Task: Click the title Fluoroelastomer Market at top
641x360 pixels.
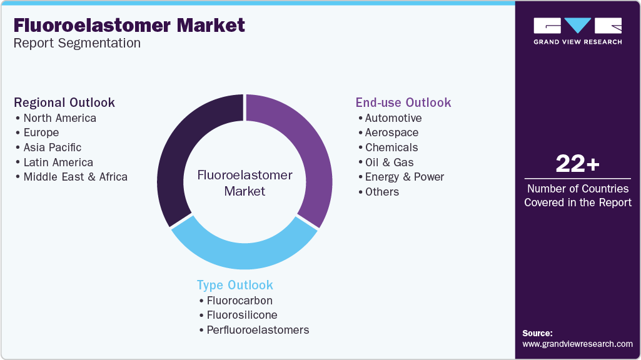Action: coord(129,26)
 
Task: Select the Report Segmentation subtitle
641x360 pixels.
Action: coord(77,43)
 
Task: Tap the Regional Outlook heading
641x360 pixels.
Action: coord(64,102)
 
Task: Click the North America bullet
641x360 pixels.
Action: coord(59,118)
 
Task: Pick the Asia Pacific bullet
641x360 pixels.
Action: coord(52,147)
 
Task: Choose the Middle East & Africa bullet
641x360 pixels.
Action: coord(75,177)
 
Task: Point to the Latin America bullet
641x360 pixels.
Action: coord(58,162)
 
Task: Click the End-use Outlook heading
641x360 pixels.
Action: coord(403,102)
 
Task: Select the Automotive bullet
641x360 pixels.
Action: coord(393,118)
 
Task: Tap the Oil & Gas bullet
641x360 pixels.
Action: coord(389,162)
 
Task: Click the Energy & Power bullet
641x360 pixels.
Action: coord(404,177)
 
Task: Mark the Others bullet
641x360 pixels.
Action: coord(381,192)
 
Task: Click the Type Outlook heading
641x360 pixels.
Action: coord(235,285)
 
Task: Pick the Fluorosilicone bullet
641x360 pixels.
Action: coord(242,315)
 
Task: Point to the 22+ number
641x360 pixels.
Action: coord(578,164)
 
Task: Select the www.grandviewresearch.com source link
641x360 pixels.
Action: coord(577,344)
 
